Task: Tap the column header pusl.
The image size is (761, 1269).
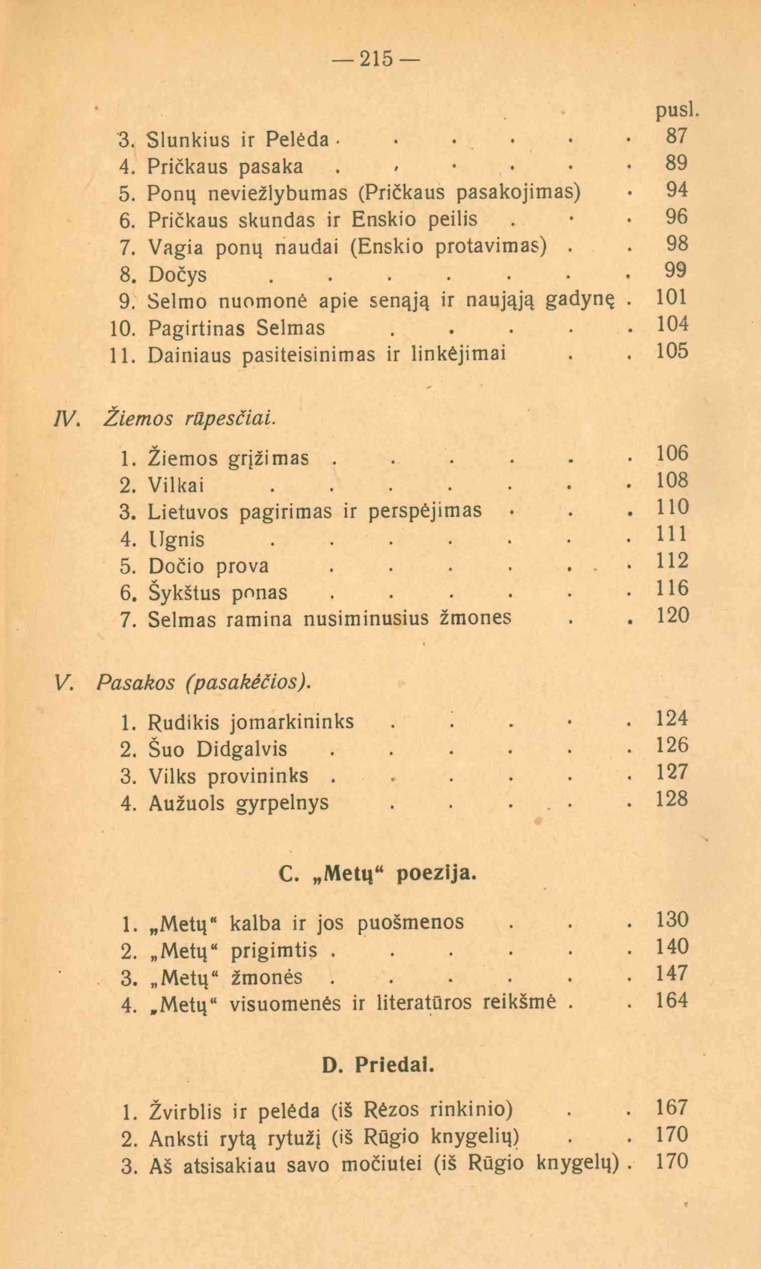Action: pos(676,111)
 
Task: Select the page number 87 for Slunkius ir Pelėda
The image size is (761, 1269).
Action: pos(676,137)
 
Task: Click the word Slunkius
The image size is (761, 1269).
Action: pos(190,139)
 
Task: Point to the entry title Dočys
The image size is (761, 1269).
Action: pos(177,275)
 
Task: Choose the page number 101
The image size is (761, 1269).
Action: pos(672,298)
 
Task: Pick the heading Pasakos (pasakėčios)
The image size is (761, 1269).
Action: pos(203,682)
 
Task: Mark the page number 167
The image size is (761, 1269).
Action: pos(672,1108)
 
